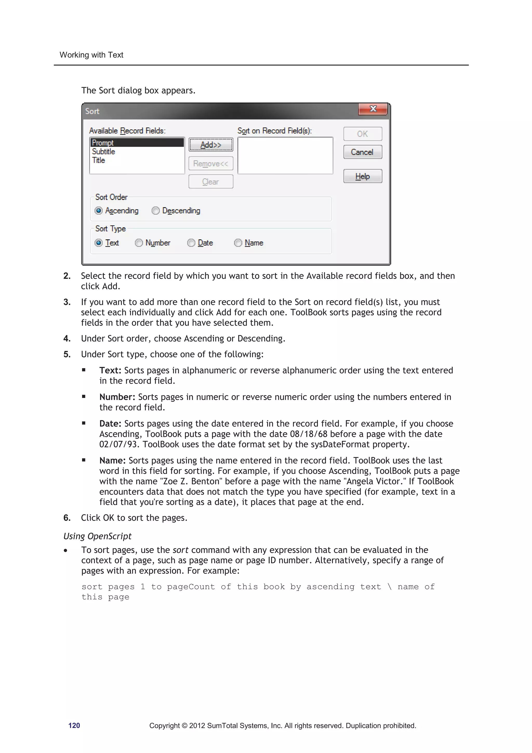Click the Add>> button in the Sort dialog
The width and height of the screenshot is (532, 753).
[211, 145]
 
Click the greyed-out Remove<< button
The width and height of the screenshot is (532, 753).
[211, 163]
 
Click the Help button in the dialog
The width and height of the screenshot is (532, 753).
[363, 176]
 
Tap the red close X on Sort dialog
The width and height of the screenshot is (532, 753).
[373, 109]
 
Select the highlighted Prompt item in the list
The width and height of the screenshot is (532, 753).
[137, 143]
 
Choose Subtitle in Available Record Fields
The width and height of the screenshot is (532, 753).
[104, 152]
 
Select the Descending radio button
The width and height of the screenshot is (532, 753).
[156, 211]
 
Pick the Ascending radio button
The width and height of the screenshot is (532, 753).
[99, 211]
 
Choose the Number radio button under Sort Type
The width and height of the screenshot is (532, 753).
[139, 243]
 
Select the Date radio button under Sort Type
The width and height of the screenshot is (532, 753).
[191, 243]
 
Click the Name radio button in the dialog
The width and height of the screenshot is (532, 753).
[238, 243]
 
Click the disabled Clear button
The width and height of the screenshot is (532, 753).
[211, 182]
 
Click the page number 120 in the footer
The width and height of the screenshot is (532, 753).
[74, 725]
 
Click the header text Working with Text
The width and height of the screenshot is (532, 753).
[91, 55]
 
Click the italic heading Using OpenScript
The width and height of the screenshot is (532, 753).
[97, 536]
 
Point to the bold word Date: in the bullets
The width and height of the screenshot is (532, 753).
[110, 423]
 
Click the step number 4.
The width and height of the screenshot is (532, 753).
[66, 338]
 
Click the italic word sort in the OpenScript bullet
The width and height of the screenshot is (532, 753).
[180, 550]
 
